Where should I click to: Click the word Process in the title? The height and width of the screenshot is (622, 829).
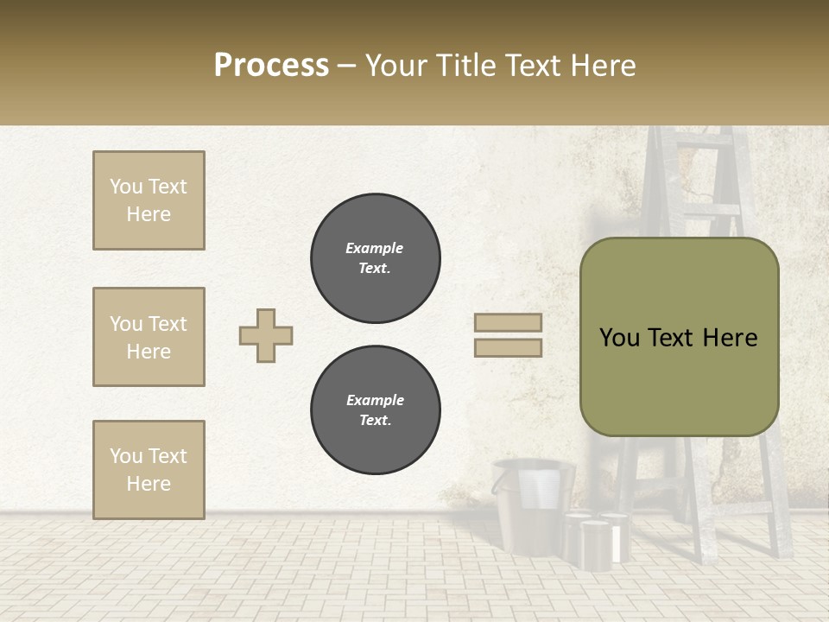coord(271,66)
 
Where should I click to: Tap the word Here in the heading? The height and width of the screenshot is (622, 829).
coord(601,66)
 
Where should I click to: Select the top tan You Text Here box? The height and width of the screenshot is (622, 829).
coord(149,200)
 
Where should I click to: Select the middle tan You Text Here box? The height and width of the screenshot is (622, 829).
coord(149,337)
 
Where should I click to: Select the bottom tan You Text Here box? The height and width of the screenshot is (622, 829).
coord(149,470)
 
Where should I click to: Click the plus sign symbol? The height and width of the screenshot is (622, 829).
coord(266,335)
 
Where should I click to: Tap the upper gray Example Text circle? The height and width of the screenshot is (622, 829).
coord(375,258)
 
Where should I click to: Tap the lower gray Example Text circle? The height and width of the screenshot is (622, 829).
coord(375,410)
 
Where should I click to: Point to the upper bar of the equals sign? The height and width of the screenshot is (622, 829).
coord(509,322)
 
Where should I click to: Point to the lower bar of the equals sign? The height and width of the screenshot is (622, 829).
coord(509,347)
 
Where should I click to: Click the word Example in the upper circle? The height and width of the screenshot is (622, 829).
coord(375,248)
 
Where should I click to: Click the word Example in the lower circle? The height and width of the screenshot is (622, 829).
coord(375,400)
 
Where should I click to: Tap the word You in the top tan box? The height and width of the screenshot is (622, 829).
coord(125,187)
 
